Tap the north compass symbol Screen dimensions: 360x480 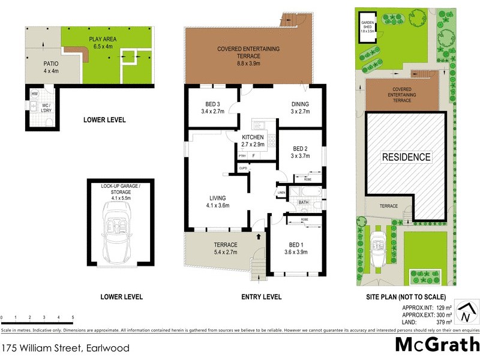coord(466,313)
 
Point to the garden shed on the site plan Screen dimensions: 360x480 coord(367,31)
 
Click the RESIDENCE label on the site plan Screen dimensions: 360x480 coord(407,157)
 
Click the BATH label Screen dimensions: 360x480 coord(303,203)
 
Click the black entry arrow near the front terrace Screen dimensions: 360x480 coord(259,236)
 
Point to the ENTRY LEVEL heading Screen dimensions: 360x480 coord(261,297)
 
